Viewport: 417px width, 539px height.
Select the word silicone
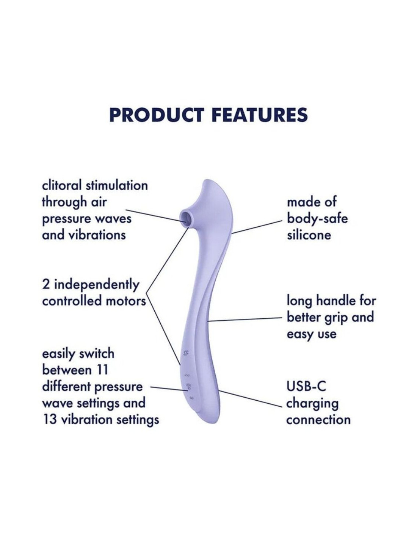tap(309, 235)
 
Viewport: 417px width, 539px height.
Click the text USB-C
tap(306, 386)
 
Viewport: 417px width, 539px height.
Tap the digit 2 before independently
tap(46, 284)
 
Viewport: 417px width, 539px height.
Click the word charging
tap(312, 403)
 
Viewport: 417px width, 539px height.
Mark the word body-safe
tap(317, 218)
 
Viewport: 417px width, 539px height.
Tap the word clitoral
tap(62, 185)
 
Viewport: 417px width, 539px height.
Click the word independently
tap(96, 285)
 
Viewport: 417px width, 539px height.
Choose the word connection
tap(318, 420)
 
